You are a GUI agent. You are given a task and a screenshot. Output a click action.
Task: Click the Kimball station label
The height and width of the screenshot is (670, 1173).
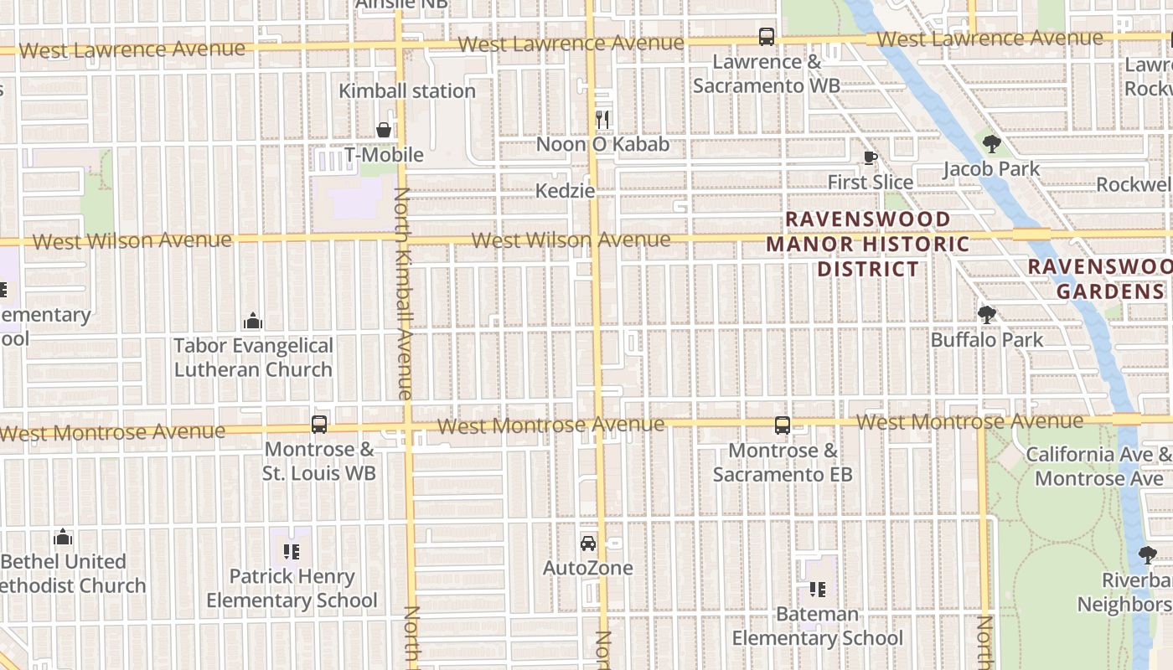click(x=407, y=90)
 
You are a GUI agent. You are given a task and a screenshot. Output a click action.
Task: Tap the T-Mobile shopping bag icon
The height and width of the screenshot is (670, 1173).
click(x=384, y=130)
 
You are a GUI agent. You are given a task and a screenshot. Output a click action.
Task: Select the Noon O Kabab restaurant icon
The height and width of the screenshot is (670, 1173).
click(x=602, y=120)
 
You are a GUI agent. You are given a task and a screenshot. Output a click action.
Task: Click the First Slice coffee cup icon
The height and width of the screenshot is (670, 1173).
click(x=870, y=157)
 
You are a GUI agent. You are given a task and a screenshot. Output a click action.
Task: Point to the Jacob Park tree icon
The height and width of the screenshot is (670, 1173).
click(x=991, y=144)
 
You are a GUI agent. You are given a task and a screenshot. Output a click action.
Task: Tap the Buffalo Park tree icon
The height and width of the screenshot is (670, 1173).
click(x=987, y=315)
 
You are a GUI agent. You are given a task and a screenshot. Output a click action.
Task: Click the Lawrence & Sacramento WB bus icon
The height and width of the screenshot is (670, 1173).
click(x=767, y=37)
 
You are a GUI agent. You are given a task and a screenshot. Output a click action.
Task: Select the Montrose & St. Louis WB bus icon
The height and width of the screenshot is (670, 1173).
click(x=319, y=425)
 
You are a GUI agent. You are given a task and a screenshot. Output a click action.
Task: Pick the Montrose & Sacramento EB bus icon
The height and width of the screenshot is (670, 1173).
click(x=783, y=425)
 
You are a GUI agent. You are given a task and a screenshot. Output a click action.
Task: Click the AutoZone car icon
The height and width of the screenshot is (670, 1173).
click(x=588, y=543)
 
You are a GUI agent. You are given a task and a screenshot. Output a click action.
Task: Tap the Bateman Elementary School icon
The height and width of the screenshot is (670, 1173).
click(x=817, y=590)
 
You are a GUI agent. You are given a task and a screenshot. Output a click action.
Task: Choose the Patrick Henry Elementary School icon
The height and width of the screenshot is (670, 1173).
click(x=292, y=552)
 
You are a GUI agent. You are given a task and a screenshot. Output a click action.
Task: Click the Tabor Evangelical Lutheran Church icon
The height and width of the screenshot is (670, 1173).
click(x=253, y=321)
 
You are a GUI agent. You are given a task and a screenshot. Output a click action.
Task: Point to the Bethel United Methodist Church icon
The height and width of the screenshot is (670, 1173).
click(x=63, y=537)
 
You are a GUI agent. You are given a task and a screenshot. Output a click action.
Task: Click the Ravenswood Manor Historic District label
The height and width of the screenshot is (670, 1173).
click(x=868, y=244)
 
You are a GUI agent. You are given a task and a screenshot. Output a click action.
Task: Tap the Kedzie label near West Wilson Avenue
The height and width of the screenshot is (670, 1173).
click(x=566, y=191)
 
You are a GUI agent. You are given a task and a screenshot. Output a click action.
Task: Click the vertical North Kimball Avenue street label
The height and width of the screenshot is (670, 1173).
click(x=402, y=293)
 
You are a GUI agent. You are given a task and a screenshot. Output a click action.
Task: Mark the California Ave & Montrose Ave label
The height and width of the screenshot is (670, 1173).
click(x=1098, y=466)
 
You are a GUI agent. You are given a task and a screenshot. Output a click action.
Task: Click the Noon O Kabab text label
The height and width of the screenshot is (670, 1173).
click(x=602, y=144)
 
